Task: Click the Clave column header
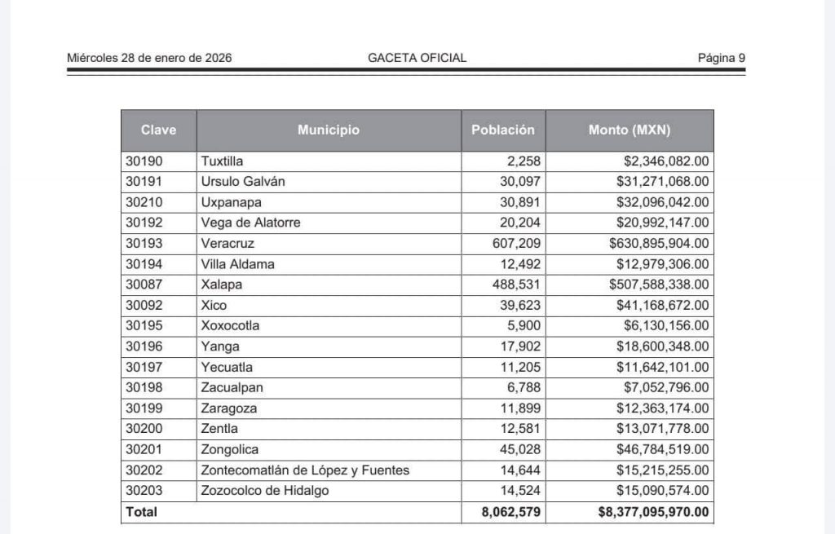pyautogui.click(x=158, y=130)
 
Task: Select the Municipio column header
pyautogui.click(x=328, y=130)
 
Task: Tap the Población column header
pyautogui.click(x=503, y=130)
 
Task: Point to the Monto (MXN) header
pyautogui.click(x=630, y=130)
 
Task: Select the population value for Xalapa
pyautogui.click(x=515, y=285)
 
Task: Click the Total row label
pyautogui.click(x=141, y=512)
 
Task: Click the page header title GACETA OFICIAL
pyautogui.click(x=417, y=58)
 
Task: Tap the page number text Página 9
pyautogui.click(x=721, y=58)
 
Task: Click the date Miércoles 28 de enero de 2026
pyautogui.click(x=149, y=58)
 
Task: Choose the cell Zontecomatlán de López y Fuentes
pyautogui.click(x=305, y=470)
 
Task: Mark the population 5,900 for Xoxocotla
pyautogui.click(x=524, y=325)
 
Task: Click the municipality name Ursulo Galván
pyautogui.click(x=243, y=182)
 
